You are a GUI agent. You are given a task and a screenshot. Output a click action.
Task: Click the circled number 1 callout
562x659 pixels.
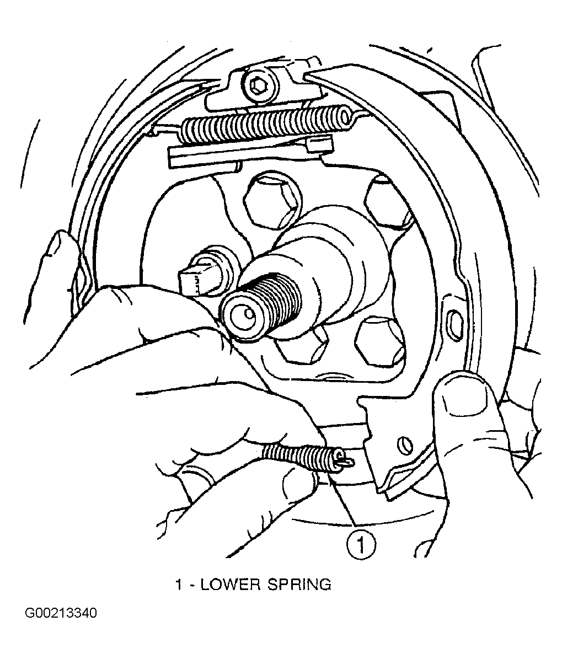click(x=361, y=545)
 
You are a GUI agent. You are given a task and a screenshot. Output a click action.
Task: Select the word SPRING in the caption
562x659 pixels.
click(x=299, y=585)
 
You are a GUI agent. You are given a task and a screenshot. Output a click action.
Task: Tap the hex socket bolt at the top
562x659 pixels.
click(x=257, y=88)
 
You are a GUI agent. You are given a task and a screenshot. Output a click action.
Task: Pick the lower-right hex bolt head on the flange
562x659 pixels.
click(x=380, y=341)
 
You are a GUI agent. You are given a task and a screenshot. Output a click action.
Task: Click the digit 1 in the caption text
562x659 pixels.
click(x=179, y=585)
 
